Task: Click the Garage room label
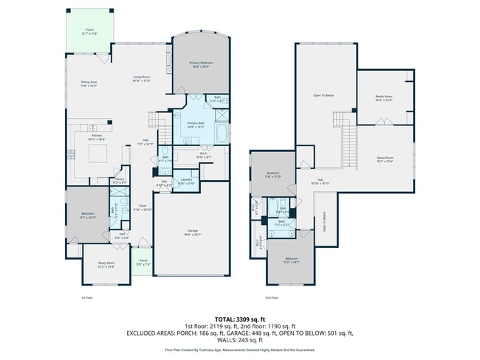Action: tap(191, 232)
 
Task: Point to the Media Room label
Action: tap(383, 99)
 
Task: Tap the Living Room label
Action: tap(141, 79)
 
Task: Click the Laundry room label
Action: tap(186, 181)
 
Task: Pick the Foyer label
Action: tap(143, 208)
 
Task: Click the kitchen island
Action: tap(98, 153)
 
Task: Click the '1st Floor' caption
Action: tap(86, 298)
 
